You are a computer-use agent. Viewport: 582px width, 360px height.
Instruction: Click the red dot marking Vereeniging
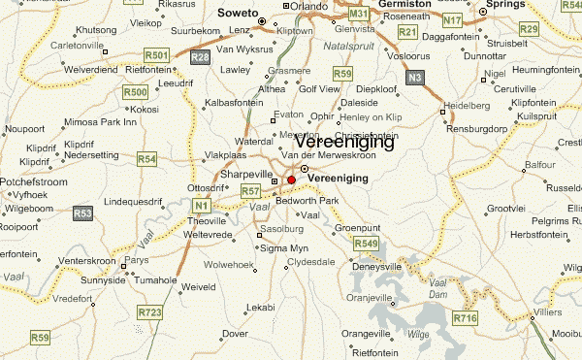point(291,180)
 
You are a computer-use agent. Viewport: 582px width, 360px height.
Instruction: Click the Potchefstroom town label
point(33,182)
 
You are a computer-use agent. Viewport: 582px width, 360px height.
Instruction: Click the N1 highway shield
point(202,206)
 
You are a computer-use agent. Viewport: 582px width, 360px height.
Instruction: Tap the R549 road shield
point(366,243)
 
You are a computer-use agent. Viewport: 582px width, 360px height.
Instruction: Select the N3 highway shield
point(416,77)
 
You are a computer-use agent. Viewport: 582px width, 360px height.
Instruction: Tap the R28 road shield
point(200,58)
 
